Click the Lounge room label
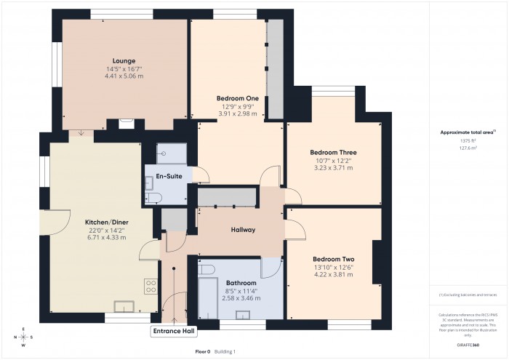(124, 60)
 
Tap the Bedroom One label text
(238, 98)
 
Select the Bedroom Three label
(332, 152)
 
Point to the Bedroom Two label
(334, 259)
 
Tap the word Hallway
(243, 230)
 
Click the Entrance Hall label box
(174, 332)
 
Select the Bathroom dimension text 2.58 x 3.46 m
(241, 298)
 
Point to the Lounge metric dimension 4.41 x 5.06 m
(124, 76)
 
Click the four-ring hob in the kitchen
(152, 286)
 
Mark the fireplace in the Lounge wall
(126, 124)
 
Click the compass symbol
(23, 337)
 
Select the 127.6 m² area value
(468, 148)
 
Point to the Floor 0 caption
(203, 351)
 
